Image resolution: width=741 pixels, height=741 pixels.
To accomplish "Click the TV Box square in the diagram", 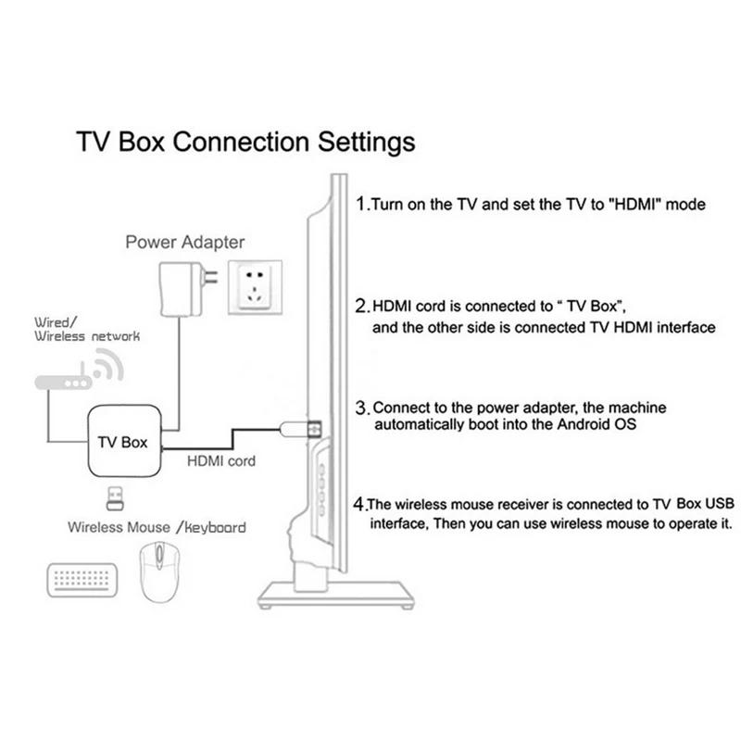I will point(122,442).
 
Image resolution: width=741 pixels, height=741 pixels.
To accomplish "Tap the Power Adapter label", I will point(185,243).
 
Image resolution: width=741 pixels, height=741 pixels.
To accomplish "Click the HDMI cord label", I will point(221,459).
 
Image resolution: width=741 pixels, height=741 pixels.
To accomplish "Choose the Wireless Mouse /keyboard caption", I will point(157,528).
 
